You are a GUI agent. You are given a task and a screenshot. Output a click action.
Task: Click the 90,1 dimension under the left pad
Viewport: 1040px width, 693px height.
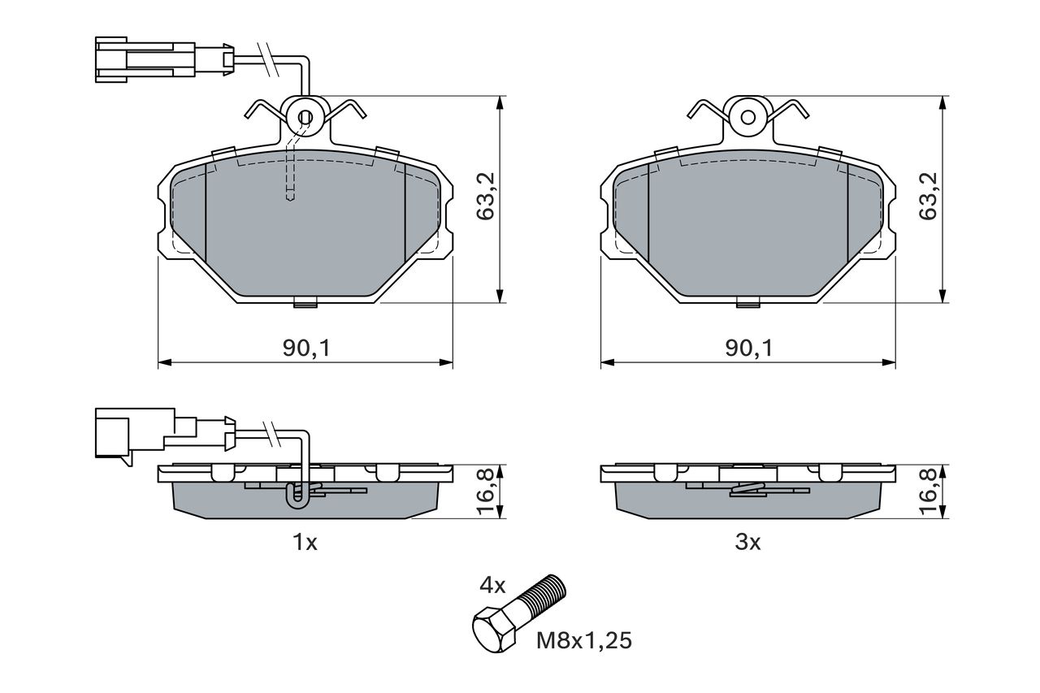click(x=306, y=348)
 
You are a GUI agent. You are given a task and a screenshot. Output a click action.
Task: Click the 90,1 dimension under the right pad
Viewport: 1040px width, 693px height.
click(x=749, y=348)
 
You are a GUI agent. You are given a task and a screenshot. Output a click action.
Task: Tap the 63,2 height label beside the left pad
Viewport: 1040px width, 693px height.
click(x=486, y=197)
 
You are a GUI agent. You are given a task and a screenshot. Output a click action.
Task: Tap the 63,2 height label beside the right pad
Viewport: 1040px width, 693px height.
click(x=929, y=197)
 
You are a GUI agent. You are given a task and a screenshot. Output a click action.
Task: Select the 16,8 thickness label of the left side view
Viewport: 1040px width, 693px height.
click(x=486, y=492)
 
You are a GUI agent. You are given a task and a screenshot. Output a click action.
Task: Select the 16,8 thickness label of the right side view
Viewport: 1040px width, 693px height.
click(x=929, y=492)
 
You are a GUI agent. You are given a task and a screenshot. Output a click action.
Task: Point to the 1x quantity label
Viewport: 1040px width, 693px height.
click(x=305, y=542)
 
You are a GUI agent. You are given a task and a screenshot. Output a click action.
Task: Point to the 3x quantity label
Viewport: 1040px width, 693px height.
click(x=747, y=542)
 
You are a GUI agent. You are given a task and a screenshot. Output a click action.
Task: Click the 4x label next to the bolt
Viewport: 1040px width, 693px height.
click(x=492, y=586)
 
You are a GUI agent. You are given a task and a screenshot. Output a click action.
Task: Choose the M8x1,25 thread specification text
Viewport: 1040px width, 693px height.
click(x=584, y=641)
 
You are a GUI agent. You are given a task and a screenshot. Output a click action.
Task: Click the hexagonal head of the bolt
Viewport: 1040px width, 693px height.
click(x=494, y=628)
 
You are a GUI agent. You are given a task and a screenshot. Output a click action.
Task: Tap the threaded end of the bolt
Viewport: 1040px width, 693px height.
click(x=545, y=593)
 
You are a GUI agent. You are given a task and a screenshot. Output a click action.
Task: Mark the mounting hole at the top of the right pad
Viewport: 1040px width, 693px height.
click(x=748, y=118)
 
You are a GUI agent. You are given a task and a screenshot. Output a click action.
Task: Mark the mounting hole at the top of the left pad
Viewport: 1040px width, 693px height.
click(x=305, y=118)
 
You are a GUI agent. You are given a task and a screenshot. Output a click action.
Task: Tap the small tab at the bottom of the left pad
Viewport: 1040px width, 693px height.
click(x=305, y=304)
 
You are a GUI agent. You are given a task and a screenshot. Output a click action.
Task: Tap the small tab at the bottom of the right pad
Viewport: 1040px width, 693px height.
click(x=748, y=304)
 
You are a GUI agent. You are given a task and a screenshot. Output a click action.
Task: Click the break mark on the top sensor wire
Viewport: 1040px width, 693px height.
click(x=269, y=59)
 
